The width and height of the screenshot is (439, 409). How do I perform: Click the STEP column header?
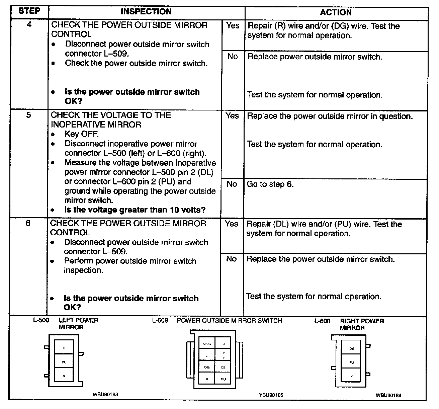[x=29, y=11]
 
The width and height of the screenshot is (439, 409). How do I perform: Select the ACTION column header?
[x=336, y=13]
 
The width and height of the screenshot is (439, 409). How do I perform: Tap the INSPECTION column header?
[x=146, y=12]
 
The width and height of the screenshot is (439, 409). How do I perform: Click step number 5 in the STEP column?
[x=28, y=115]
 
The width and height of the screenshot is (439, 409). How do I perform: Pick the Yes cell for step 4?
[x=233, y=26]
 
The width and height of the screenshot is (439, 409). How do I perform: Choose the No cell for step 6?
[x=231, y=259]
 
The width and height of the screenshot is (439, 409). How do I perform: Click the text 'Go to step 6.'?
[x=270, y=184]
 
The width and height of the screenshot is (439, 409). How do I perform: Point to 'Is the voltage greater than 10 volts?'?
[x=135, y=210]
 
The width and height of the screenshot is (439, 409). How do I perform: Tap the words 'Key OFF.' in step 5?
[x=82, y=134]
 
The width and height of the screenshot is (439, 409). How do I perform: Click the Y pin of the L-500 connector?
[x=64, y=348]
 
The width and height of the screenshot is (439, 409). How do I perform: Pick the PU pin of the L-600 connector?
[x=352, y=362]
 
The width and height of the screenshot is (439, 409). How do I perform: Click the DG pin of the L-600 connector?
[x=352, y=348]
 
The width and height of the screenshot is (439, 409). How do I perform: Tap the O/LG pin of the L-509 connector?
[x=207, y=344]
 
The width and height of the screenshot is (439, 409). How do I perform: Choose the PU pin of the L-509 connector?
[x=224, y=379]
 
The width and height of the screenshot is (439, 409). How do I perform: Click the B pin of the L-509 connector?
[x=224, y=344]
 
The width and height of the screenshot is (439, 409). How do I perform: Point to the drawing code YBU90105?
[x=271, y=395]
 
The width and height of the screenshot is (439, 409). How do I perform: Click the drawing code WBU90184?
[x=388, y=395]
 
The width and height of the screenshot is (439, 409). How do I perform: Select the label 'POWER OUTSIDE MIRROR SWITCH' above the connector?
[x=229, y=321]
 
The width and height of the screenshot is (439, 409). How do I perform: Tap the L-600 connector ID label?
[x=322, y=321]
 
